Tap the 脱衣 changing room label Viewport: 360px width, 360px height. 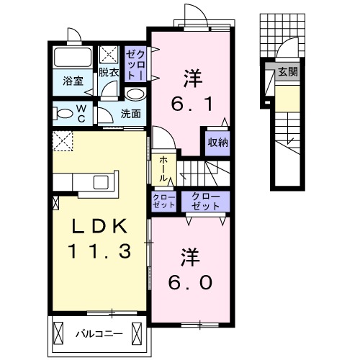(x=109, y=72)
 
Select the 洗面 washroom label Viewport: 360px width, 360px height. (x=130, y=113)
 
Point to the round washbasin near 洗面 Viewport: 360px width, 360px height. (x=134, y=94)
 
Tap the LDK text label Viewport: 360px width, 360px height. (x=99, y=226)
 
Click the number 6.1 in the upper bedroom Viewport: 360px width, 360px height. (x=191, y=104)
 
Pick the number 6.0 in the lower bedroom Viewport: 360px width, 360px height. (x=191, y=282)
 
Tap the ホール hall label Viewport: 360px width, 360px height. (x=163, y=167)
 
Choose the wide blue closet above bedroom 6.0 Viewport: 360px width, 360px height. (x=205, y=201)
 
